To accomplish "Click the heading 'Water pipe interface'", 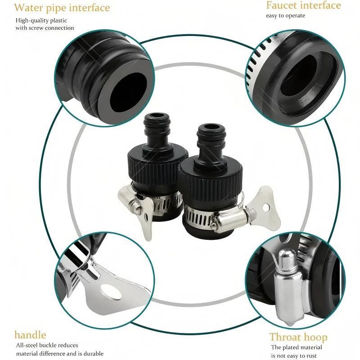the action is pyautogui.click(x=62, y=8).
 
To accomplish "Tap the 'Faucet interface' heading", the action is pyautogui.click(x=303, y=5).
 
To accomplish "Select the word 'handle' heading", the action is pyautogui.click(x=30, y=335).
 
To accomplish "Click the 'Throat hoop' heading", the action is pyautogui.click(x=298, y=337).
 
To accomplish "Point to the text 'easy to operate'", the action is pyautogui.click(x=285, y=16).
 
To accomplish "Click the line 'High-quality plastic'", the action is pyautogui.click(x=41, y=20).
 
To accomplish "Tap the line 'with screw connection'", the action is pyautogui.click(x=45, y=28).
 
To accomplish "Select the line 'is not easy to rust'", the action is pyautogui.click(x=294, y=355).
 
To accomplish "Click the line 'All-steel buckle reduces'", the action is pyautogui.click(x=47, y=345).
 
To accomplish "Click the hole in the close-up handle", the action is pyautogui.click(x=111, y=292).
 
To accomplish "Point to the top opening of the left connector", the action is pyautogui.click(x=157, y=116).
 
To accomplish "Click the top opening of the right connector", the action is pyautogui.click(x=211, y=127).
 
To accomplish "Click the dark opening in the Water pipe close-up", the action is pyautogui.click(x=128, y=92).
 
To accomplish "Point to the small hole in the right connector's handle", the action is pyautogui.click(x=266, y=208).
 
